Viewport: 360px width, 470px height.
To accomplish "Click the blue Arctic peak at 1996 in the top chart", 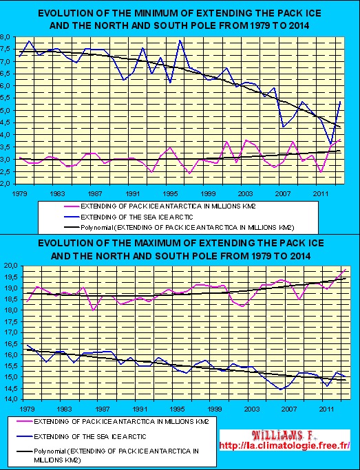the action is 180,40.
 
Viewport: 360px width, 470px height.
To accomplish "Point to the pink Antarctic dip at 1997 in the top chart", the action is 189,173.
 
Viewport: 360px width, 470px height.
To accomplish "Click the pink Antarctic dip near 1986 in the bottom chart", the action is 93,310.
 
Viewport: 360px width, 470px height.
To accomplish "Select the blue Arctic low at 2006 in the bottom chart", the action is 281,389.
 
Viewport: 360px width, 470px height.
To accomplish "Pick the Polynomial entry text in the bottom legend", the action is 116,455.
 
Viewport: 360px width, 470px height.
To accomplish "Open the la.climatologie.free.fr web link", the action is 285,445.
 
